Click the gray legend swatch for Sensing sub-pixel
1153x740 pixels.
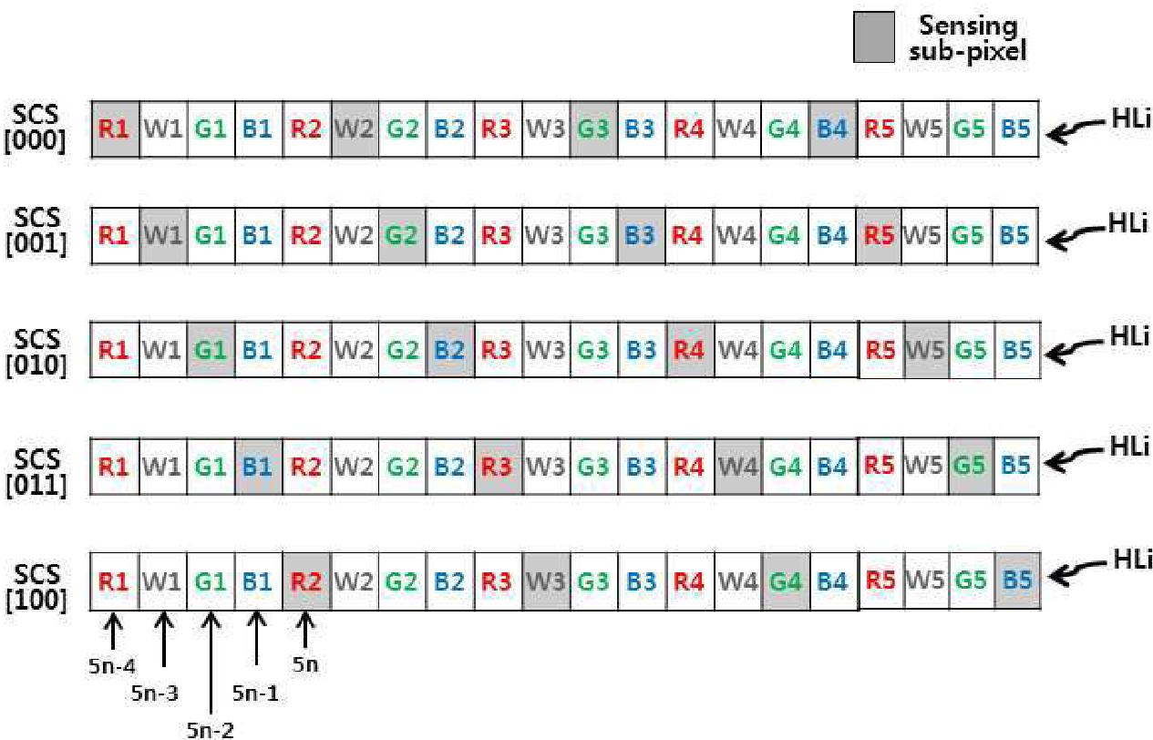pos(873,41)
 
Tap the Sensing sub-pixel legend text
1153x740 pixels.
pos(967,39)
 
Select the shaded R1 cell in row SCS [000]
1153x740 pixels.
pos(115,128)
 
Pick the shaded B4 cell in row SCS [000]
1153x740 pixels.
pos(831,128)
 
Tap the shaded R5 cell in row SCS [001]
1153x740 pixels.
pos(879,236)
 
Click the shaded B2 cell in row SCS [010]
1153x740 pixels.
pos(449,349)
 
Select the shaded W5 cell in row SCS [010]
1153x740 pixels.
pos(925,349)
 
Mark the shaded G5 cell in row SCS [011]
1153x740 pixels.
pos(973,466)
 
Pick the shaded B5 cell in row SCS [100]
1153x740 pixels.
pos(1016,580)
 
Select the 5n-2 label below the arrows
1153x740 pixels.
pos(211,728)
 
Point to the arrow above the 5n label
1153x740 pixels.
pos(305,630)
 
